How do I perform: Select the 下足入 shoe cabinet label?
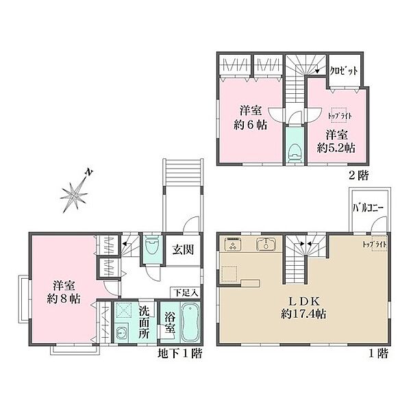click(185, 292)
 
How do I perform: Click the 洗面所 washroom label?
click(145, 319)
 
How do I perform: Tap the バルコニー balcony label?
click(368, 206)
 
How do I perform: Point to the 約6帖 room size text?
click(249, 125)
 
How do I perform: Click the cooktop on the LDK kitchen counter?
click(232, 245)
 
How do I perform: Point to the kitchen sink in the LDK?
click(265, 245)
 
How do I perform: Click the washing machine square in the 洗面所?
click(125, 312)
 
